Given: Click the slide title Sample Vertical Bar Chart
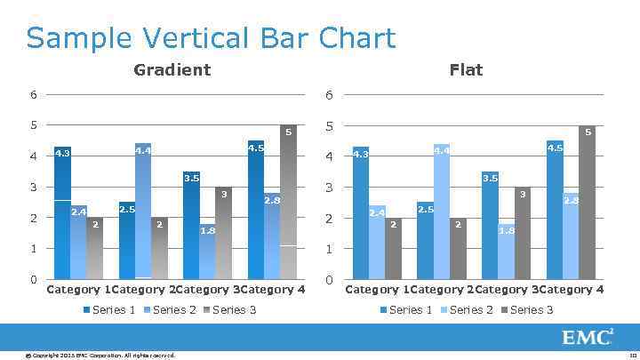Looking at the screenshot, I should pyautogui.click(x=211, y=38).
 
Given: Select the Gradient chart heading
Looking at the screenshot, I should pyautogui.click(x=172, y=69).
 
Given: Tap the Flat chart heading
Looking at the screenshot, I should pyautogui.click(x=466, y=69).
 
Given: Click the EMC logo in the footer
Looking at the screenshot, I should pyautogui.click(x=587, y=338).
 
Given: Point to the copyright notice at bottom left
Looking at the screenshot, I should pyautogui.click(x=100, y=356).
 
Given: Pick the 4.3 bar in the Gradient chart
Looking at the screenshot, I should pyautogui.click(x=62, y=213).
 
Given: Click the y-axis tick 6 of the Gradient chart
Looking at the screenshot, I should pyautogui.click(x=33, y=94).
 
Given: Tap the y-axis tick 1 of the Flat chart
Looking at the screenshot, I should pyautogui.click(x=329, y=249).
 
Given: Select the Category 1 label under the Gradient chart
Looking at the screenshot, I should pyautogui.click(x=78, y=290).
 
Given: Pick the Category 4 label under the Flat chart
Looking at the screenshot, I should pyautogui.click(x=572, y=290).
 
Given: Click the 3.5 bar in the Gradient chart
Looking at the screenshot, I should pyautogui.click(x=191, y=226).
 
